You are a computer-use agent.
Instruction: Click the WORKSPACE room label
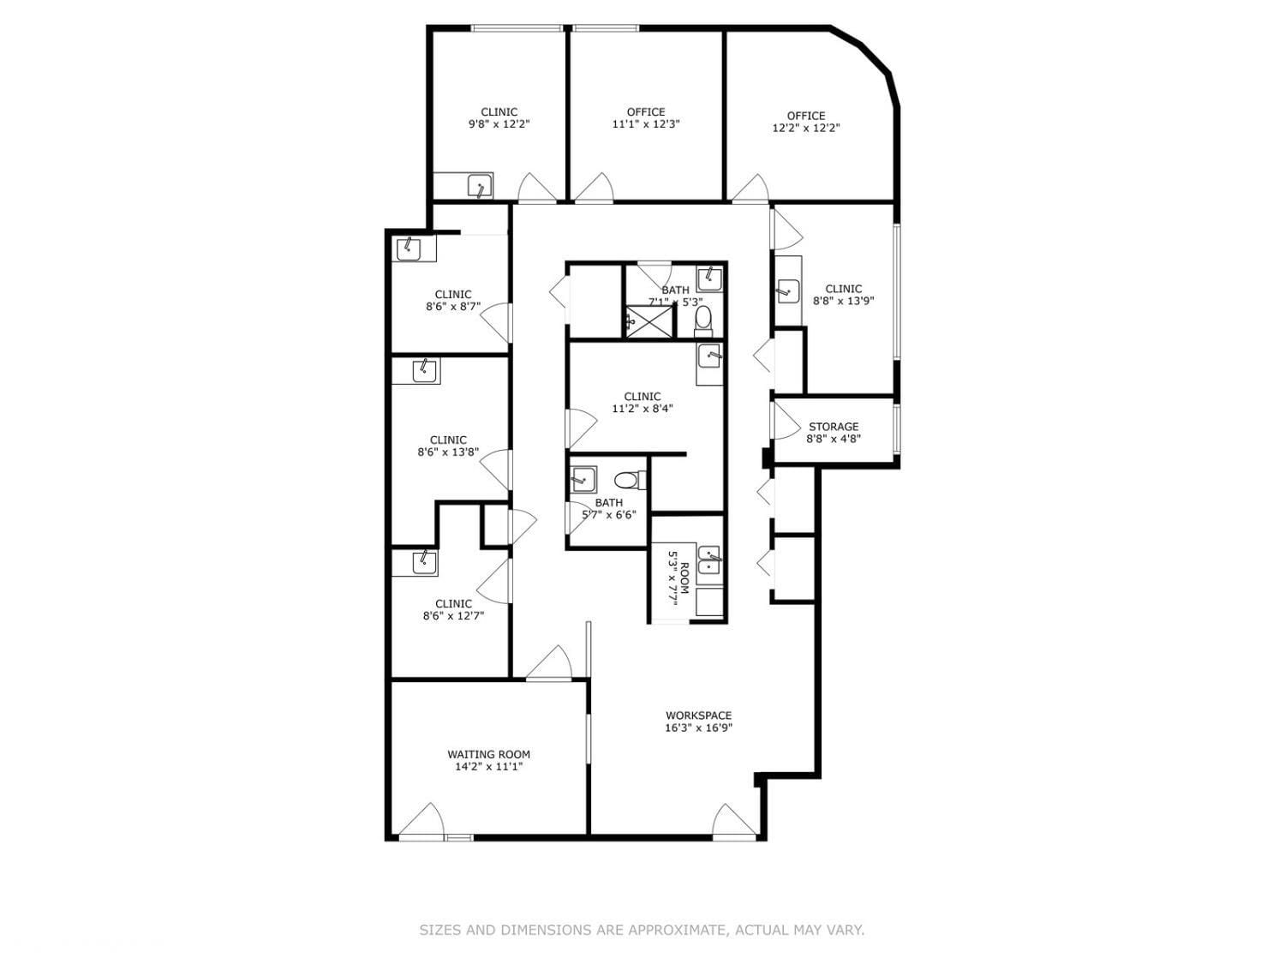(698, 716)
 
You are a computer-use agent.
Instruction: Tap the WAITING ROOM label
(489, 754)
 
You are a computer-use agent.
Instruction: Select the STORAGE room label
(834, 427)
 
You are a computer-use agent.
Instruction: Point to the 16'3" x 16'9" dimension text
(698, 728)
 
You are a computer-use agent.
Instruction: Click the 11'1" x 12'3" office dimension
(646, 124)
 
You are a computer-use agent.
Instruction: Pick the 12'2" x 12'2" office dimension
(806, 129)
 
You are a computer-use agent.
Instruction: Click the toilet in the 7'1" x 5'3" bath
(703, 321)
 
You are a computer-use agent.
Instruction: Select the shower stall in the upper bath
(648, 320)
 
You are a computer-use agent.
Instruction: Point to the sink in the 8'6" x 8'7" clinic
(408, 248)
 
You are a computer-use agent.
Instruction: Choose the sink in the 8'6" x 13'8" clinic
(424, 371)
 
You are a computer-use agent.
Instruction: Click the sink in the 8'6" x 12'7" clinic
(424, 562)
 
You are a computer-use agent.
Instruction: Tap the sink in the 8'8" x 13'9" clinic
(788, 290)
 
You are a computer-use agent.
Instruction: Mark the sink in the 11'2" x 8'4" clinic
(709, 356)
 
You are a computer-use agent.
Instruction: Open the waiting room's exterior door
(421, 820)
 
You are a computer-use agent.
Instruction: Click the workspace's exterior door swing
(734, 821)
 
